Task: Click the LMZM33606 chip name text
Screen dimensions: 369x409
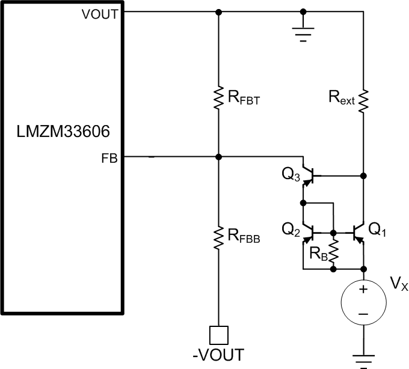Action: click(x=62, y=129)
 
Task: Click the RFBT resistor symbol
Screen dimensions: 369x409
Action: click(x=218, y=97)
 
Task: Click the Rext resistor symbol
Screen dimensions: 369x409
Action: click(x=363, y=97)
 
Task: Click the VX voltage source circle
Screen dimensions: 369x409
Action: click(x=363, y=301)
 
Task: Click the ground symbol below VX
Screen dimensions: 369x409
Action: click(x=363, y=359)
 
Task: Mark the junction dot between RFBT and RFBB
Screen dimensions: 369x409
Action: click(x=218, y=157)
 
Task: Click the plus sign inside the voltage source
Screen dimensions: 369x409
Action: click(x=363, y=290)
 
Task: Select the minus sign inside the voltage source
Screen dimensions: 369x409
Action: click(x=363, y=313)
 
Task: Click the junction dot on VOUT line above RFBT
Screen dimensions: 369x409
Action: click(x=218, y=11)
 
